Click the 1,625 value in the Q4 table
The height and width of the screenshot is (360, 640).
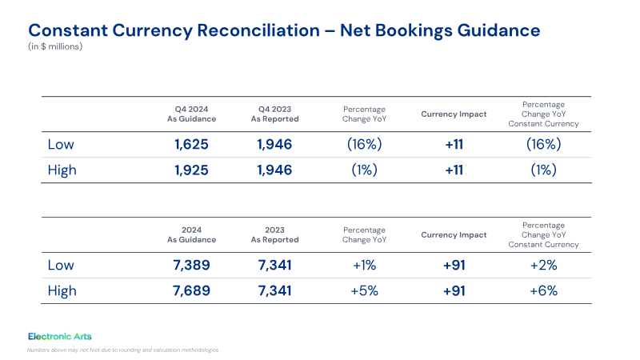pos(191,145)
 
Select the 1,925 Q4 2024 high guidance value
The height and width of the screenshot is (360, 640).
pos(191,170)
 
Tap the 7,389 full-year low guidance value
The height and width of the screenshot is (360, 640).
pos(191,266)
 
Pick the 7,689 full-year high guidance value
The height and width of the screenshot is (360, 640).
pos(191,291)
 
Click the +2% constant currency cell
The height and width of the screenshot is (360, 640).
pos(544,266)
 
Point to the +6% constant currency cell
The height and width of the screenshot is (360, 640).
pos(544,291)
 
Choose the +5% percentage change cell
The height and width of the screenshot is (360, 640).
pos(365,291)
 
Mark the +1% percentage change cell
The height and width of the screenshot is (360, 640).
pos(365,266)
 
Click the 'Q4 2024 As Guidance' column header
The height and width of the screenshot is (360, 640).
pos(191,114)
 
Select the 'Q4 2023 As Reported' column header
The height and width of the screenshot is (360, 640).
pos(274,114)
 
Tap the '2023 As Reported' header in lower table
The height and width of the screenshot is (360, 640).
pos(274,235)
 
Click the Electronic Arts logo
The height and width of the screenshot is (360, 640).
pos(60,337)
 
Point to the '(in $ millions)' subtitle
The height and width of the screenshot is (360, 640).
pos(55,46)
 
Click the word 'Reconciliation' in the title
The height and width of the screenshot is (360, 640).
pos(258,30)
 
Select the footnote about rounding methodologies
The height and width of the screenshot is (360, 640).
pos(123,350)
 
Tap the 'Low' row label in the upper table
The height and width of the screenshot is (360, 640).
pos(61,145)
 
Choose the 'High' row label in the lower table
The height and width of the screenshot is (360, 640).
pos(62,291)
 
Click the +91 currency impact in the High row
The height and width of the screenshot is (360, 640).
pos(454,291)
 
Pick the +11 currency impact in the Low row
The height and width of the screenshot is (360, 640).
pos(454,145)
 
